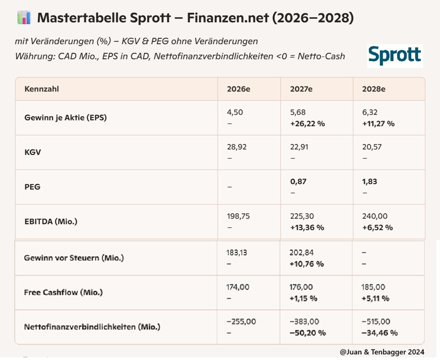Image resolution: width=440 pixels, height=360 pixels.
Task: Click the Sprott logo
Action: (395, 55)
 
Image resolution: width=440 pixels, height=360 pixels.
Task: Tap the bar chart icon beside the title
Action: (24, 18)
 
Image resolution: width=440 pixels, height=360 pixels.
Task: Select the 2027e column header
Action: (301, 89)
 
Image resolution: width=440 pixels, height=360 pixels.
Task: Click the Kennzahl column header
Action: (41, 89)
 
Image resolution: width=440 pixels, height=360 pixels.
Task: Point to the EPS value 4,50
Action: (235, 112)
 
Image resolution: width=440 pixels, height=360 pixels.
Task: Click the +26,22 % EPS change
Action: (308, 124)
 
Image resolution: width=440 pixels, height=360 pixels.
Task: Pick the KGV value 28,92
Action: (237, 147)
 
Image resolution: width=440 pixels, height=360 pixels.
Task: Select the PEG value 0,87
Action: (298, 182)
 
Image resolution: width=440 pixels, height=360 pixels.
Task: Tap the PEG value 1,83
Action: (370, 182)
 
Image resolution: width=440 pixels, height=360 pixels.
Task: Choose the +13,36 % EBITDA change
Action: (307, 228)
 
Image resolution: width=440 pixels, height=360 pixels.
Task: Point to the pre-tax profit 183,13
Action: (237, 252)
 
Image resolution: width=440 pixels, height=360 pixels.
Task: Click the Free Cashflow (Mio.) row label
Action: (63, 292)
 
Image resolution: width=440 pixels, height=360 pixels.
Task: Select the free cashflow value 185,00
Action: (373, 287)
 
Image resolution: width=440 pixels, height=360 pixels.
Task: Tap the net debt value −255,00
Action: (241, 321)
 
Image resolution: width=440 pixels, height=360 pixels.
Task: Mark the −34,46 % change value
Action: (379, 333)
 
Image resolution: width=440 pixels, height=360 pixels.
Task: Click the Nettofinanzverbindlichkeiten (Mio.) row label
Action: (92, 327)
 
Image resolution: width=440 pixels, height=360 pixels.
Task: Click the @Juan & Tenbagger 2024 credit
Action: (382, 352)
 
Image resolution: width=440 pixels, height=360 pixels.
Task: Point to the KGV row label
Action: (33, 152)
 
